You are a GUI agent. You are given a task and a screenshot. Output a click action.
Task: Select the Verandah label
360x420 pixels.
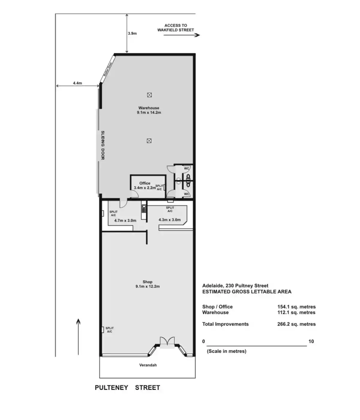click(148, 365)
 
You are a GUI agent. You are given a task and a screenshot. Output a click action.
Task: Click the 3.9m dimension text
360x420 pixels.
click(132, 33)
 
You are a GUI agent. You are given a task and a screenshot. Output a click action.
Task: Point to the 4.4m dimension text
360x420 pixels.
click(77, 83)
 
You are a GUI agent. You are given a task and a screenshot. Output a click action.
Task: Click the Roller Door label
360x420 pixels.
click(108, 69)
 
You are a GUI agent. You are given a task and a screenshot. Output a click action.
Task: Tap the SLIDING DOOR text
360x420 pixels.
click(103, 145)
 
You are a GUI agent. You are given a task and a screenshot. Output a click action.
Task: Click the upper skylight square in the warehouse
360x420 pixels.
click(149, 95)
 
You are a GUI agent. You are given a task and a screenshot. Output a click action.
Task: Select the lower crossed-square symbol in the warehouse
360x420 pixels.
click(149, 141)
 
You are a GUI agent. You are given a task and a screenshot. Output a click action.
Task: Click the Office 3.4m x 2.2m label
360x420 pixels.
click(145, 185)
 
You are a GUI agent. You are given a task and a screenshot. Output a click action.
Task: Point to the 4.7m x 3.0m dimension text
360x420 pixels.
click(125, 220)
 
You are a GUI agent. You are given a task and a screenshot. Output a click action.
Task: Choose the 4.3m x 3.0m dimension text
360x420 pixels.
click(169, 220)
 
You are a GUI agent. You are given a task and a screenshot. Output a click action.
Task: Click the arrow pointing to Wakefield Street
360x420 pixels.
click(181, 35)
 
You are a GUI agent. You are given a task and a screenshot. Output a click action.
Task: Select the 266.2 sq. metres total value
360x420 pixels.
click(296, 324)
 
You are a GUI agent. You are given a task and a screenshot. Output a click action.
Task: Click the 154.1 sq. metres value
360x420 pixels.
click(296, 307)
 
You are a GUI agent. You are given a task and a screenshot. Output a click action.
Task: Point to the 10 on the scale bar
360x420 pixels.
click(311, 341)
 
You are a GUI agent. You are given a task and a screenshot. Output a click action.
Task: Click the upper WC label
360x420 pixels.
click(186, 168)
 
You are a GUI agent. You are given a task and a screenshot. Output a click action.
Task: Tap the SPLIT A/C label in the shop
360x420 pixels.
click(109, 330)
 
